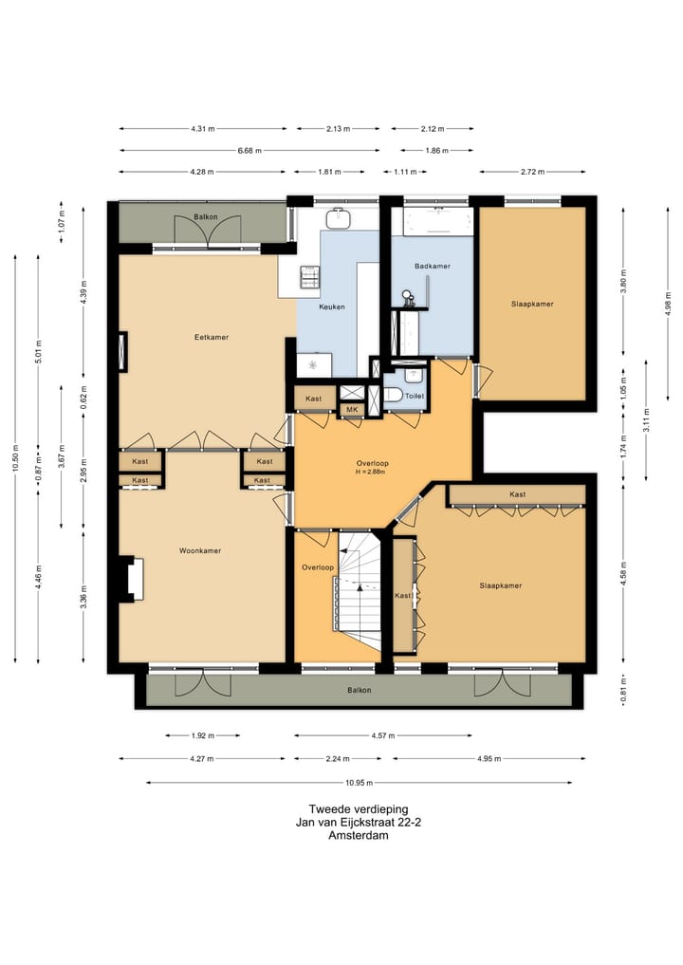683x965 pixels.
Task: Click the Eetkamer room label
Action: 212,337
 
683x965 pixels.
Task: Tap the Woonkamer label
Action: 200,550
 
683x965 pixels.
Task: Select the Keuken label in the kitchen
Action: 332,306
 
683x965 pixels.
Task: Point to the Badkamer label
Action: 432,266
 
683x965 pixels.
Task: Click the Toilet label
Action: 415,396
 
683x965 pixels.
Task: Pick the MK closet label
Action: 352,409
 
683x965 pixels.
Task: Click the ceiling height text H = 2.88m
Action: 370,472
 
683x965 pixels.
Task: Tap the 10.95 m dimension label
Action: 359,783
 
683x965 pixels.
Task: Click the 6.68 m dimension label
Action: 249,150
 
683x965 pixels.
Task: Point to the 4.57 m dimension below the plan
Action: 382,735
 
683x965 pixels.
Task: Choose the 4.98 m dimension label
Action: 668,304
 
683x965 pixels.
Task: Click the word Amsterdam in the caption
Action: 359,836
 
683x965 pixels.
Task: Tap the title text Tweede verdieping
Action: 359,809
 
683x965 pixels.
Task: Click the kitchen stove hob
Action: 309,277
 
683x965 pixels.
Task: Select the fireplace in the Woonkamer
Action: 133,579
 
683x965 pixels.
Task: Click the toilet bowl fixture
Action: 393,395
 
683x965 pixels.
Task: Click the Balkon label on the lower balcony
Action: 360,690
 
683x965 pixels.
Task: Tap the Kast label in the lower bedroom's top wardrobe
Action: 518,494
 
